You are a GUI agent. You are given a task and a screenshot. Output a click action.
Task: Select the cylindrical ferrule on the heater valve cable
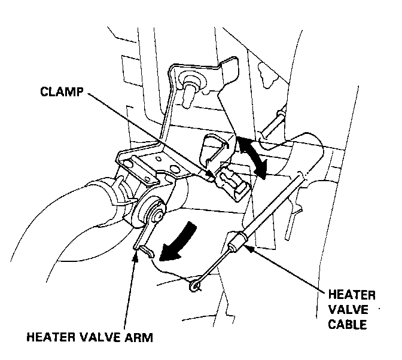point(236,243)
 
